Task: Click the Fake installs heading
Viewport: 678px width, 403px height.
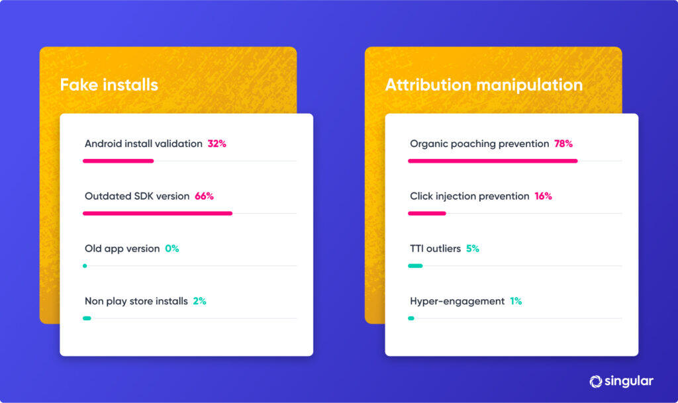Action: pos(109,85)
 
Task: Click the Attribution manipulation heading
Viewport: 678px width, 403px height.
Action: pos(483,85)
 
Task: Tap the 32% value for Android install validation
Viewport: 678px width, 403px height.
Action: pos(217,144)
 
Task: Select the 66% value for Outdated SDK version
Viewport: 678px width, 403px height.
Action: pos(204,196)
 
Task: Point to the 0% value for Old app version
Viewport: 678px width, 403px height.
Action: pos(172,249)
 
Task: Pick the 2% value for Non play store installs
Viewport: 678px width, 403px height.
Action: pos(199,301)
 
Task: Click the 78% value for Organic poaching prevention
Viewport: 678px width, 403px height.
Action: pos(563,144)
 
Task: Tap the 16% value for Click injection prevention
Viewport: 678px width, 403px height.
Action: pos(543,196)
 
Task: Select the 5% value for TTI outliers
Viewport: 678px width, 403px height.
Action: pos(472,249)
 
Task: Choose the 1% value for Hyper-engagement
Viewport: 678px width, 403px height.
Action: pos(516,301)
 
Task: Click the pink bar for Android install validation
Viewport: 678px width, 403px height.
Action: pos(118,161)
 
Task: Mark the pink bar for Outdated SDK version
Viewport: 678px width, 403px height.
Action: pos(158,213)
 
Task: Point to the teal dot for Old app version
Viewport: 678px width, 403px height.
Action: pos(85,266)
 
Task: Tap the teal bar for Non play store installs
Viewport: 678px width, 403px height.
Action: pos(87,318)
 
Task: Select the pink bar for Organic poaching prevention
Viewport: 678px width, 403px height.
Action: pos(493,161)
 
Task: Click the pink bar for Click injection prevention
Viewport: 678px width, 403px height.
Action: pos(427,213)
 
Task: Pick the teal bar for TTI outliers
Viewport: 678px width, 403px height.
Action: pos(415,266)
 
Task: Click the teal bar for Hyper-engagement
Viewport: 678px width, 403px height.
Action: pos(411,318)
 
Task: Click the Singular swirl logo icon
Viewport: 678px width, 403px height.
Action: pos(595,381)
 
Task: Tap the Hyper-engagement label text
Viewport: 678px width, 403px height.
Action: pos(457,301)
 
